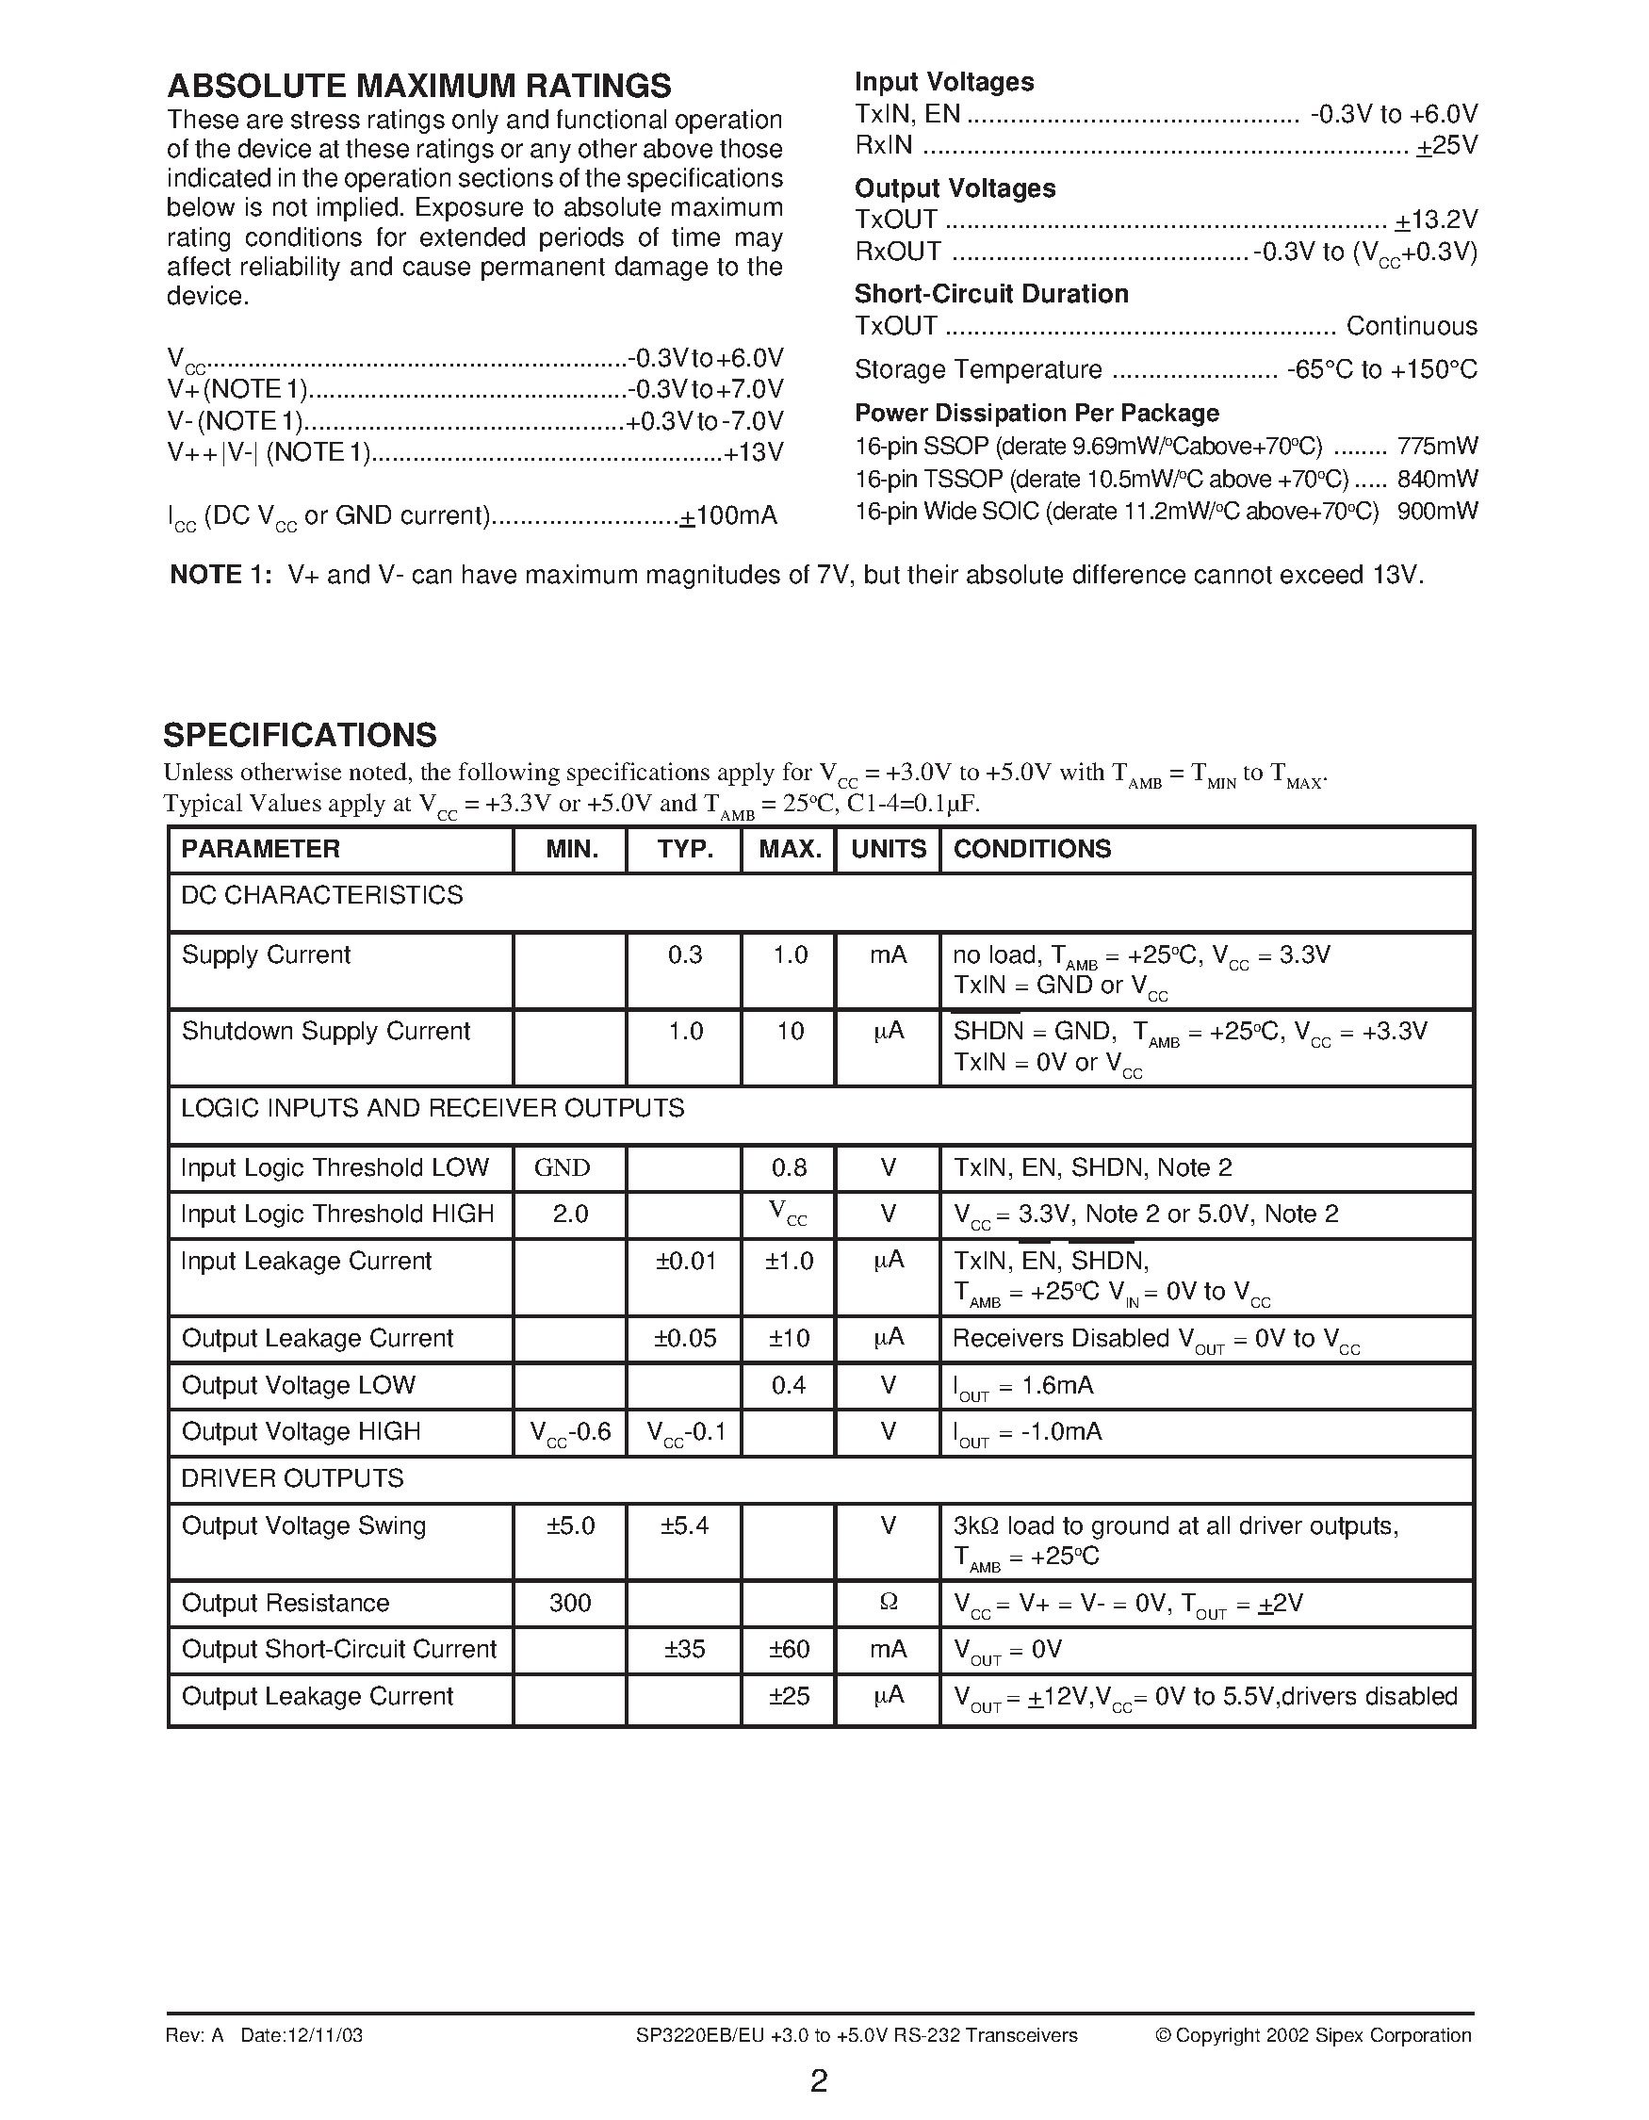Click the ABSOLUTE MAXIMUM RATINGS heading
(x=418, y=87)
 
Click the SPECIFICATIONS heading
(x=300, y=735)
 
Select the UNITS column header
(x=888, y=849)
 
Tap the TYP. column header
(x=685, y=849)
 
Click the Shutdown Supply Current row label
(x=325, y=1031)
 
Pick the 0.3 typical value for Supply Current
(x=685, y=955)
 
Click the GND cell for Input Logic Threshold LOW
(x=562, y=1167)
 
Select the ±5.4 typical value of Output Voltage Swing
(x=684, y=1526)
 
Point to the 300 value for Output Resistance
(x=570, y=1603)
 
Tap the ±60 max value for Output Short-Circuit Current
(x=789, y=1649)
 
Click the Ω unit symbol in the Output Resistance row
(x=888, y=1603)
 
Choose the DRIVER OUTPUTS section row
(x=292, y=1478)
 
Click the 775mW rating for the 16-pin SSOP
(x=1437, y=447)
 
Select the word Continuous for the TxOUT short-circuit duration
(x=1412, y=326)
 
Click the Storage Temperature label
(x=977, y=370)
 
